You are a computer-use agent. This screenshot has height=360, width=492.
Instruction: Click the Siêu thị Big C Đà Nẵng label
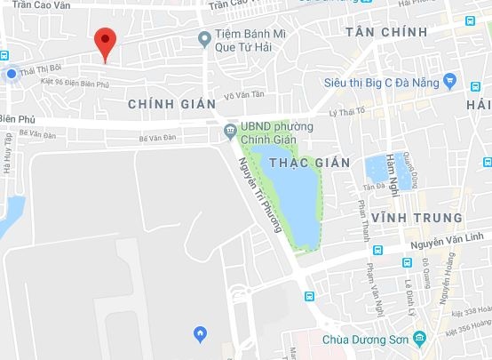[383, 83]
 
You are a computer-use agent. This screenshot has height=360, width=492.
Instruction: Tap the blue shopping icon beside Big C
[450, 83]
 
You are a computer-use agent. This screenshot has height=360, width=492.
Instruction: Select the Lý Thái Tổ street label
[347, 113]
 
